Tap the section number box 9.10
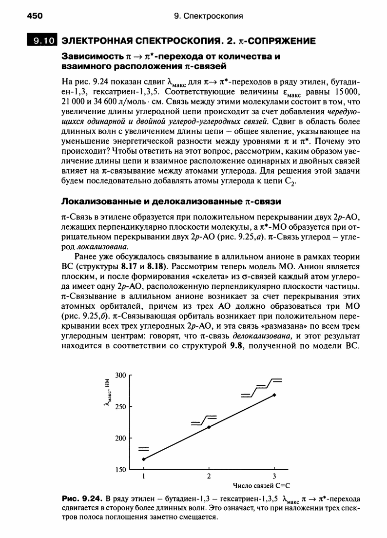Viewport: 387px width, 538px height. tap(41, 41)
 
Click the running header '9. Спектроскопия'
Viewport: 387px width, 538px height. tap(208, 16)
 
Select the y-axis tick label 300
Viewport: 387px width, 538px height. tap(120, 375)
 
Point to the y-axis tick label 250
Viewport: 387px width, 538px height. tap(120, 407)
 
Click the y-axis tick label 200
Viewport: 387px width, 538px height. tap(120, 438)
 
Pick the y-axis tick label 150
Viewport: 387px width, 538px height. tap(120, 470)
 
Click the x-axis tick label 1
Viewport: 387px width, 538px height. tap(144, 476)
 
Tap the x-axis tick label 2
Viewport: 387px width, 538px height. tap(209, 476)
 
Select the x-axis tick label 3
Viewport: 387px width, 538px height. tap(274, 476)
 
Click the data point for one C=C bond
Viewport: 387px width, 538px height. tap(144, 459)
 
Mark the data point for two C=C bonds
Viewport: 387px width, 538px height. tap(209, 427)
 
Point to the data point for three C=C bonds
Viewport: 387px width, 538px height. tap(274, 395)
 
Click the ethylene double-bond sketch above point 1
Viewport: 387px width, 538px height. tap(144, 449)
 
